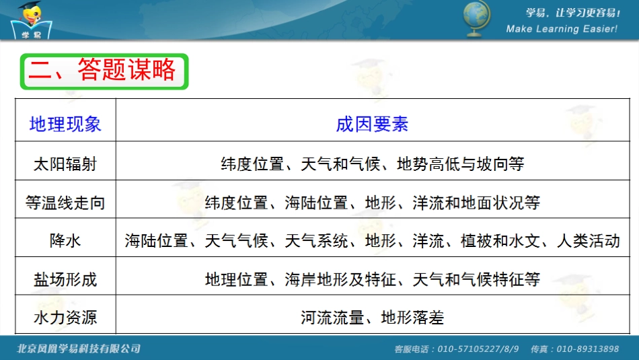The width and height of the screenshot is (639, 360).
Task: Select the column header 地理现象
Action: [x=65, y=124]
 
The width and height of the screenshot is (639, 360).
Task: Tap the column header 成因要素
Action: [x=372, y=124]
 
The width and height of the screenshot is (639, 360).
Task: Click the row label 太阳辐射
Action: [x=65, y=164]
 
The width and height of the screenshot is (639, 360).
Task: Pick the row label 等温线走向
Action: [x=65, y=202]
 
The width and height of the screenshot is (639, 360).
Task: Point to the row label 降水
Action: [x=65, y=240]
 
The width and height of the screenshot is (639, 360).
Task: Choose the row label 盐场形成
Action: [x=65, y=279]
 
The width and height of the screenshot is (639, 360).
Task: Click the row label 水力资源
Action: [x=65, y=317]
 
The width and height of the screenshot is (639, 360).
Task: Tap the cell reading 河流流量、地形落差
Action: [x=372, y=317]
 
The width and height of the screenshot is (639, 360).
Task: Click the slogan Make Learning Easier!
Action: [x=561, y=29]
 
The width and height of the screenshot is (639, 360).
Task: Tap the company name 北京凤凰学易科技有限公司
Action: [x=79, y=349]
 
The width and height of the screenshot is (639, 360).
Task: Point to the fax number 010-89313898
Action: [x=584, y=349]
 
